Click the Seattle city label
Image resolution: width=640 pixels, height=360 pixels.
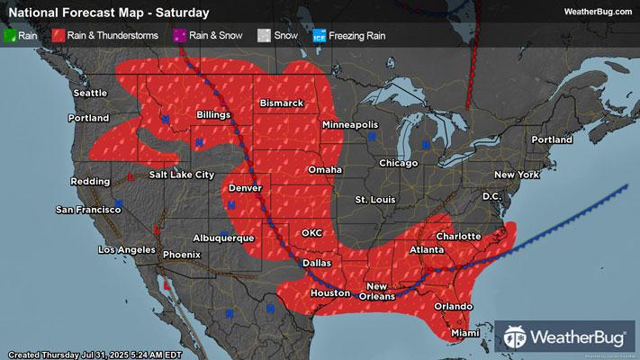[90, 93]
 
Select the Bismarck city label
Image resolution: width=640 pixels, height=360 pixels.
[282, 103]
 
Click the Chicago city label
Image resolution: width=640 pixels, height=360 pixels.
[399, 163]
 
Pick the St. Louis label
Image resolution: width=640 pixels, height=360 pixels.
[374, 198]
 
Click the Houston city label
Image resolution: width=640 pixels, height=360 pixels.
[330, 293]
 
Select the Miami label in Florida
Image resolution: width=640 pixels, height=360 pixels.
[465, 333]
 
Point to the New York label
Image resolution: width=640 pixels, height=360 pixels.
[516, 174]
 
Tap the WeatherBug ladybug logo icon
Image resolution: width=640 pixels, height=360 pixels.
[516, 338]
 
